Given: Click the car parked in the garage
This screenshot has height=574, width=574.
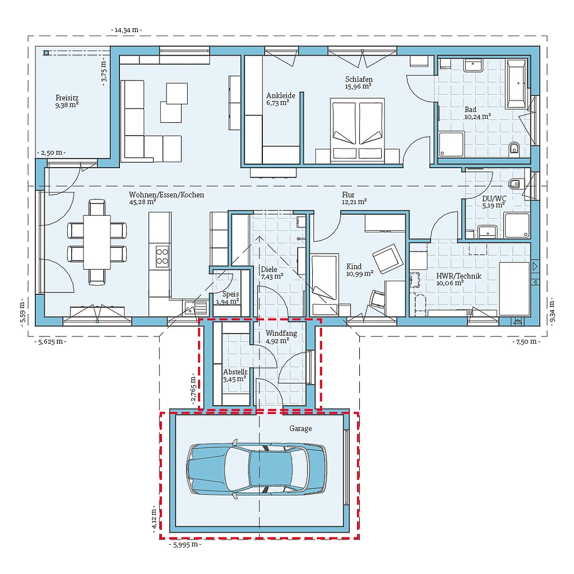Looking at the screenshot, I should pos(256,468).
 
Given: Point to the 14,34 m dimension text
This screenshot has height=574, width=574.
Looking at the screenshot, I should pos(126,29).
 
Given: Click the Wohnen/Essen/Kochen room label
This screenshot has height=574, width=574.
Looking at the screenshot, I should pos(166,198).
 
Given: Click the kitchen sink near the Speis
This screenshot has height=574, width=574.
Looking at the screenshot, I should pos(191,308).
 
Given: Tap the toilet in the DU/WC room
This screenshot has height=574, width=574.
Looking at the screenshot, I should pos(515,184).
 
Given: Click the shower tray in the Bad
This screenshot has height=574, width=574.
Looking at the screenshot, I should pos(451,143).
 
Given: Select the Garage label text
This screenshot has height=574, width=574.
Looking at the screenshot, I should pos(300,428).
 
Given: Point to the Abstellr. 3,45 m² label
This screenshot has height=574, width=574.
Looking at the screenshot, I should pos(234,375).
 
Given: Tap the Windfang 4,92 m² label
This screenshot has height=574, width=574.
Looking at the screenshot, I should pos(277,336).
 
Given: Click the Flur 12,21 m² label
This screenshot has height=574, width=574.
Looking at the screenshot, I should pos(354,198).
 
